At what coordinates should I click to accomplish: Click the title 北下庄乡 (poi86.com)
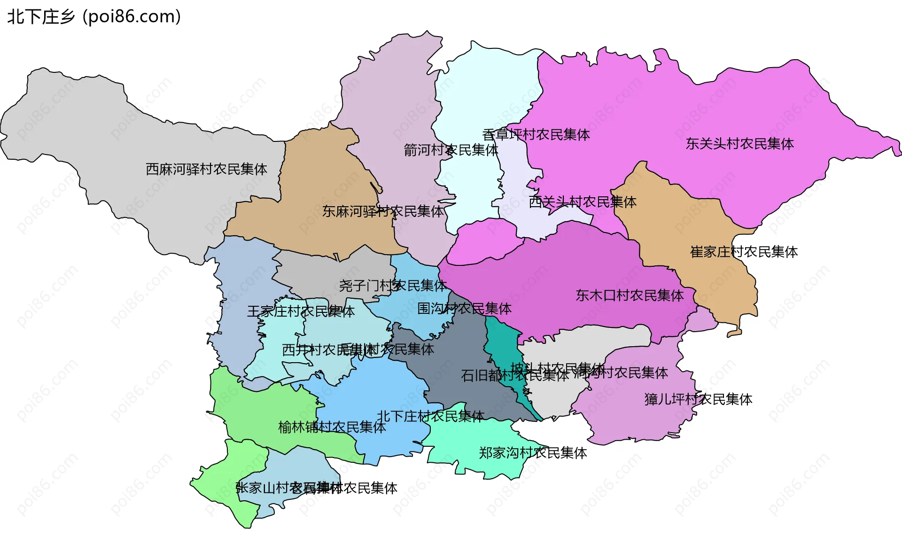pos(94,17)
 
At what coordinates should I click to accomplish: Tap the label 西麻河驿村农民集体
pos(206,169)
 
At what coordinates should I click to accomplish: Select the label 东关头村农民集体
pos(739,144)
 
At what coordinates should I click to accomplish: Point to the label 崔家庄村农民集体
pos(744,252)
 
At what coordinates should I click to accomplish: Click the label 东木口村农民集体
pos(630,295)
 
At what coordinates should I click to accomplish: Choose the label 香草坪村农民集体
pos(536,135)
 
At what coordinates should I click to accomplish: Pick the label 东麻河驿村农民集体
pos(383,211)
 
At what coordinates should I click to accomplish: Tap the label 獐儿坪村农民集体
pos(698,399)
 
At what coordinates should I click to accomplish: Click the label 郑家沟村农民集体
pos(533,453)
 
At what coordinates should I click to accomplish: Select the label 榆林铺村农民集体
pos(332,427)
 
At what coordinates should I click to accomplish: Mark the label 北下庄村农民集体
pos(430,416)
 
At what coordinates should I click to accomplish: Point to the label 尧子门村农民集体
pos(392,286)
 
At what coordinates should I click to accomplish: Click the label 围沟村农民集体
pos(464,309)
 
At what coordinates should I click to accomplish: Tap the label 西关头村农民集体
pos(583,202)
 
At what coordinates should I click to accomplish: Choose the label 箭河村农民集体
pos(451,150)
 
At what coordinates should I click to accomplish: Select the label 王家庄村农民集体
pos(301,311)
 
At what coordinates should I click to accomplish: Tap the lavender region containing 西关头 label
pos(512,188)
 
